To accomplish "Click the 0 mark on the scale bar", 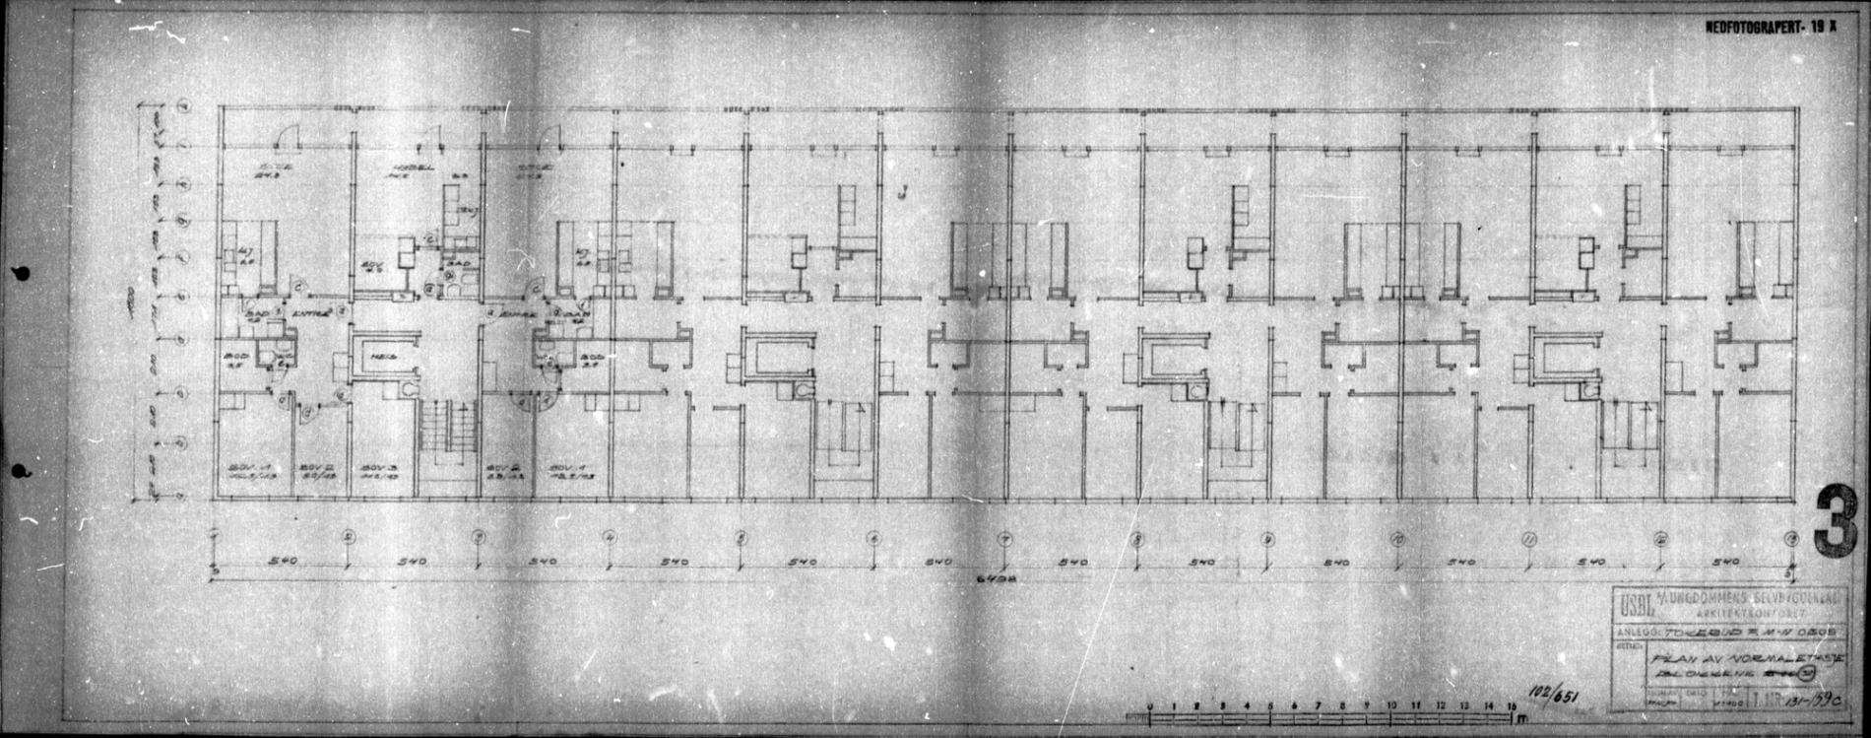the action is point(1150,705).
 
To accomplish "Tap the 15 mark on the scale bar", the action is point(1512,705).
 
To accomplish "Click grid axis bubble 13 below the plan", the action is point(1790,538).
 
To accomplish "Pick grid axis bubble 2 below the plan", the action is point(348,538).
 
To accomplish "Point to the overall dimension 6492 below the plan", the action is point(1001,578).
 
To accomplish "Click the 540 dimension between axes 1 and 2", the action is point(282,562).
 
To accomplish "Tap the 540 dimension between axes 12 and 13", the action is point(1724,562).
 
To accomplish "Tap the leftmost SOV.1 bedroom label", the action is point(239,467).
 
